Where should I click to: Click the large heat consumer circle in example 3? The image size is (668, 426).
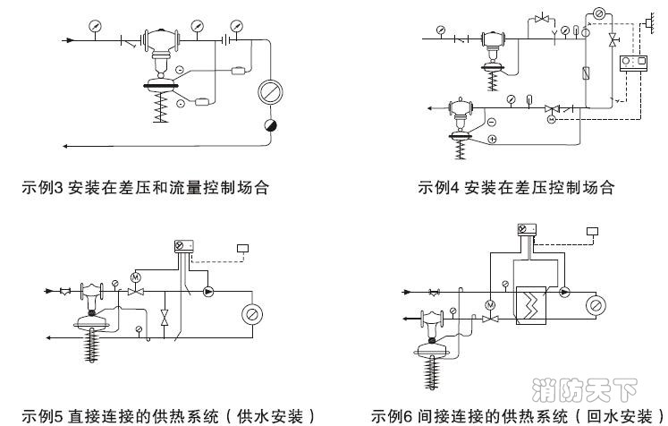[x=267, y=91]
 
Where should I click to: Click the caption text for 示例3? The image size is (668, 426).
[x=146, y=189]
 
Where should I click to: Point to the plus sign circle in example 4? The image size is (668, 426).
[x=491, y=140]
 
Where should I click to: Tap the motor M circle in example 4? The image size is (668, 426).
[x=552, y=119]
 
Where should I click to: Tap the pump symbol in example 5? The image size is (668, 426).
[x=210, y=292]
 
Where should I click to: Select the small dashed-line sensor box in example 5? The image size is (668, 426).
[x=241, y=248]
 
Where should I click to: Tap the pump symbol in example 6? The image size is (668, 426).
[x=564, y=292]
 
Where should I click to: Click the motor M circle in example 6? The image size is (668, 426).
[x=490, y=305]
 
